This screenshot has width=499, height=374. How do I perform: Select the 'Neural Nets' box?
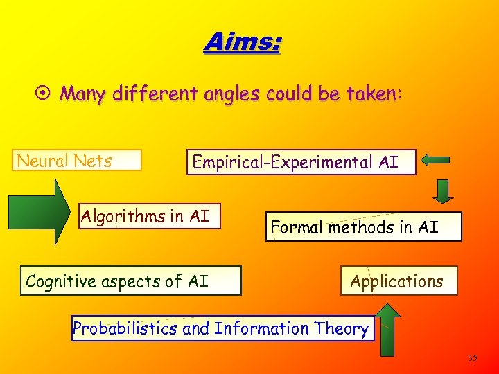click(78, 161)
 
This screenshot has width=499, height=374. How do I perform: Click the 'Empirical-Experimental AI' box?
click(301, 162)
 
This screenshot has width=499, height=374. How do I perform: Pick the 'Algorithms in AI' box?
click(149, 216)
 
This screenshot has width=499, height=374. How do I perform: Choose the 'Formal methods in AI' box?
click(362, 226)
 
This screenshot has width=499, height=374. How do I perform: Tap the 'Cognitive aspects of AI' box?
click(130, 280)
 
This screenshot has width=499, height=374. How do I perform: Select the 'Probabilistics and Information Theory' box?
click(222, 328)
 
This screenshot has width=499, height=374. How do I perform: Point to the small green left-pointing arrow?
click(435, 161)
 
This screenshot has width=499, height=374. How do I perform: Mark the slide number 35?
click(472, 358)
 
